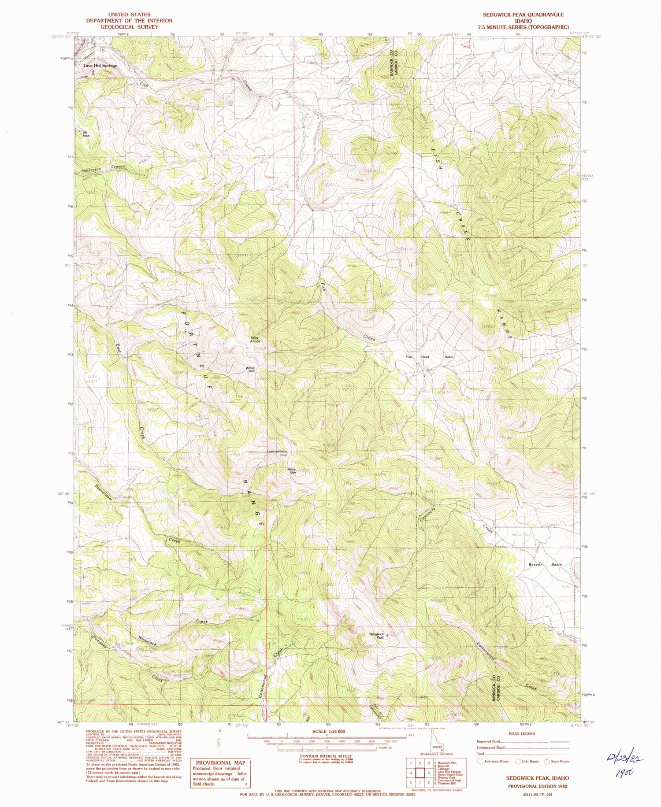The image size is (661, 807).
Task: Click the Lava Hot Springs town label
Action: tap(100, 66)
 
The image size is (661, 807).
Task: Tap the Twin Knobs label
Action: tap(256, 340)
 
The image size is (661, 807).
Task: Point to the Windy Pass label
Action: tap(251, 370)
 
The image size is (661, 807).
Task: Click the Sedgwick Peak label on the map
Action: tap(377, 635)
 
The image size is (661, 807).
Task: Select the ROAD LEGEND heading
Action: tap(522, 733)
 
